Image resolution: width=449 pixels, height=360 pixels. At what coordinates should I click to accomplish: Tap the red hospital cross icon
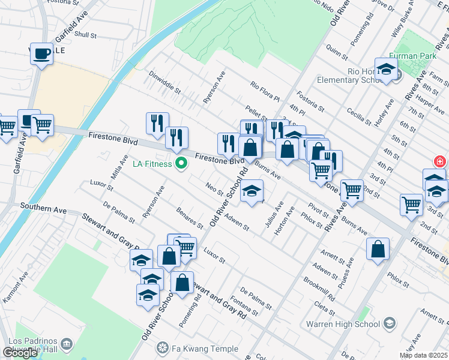click(x=440, y=162)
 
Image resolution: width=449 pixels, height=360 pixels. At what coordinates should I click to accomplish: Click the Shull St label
click(x=85, y=35)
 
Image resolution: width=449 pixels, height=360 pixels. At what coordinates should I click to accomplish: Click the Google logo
click(x=20, y=353)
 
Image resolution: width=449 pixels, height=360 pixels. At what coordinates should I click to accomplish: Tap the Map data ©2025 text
click(x=424, y=355)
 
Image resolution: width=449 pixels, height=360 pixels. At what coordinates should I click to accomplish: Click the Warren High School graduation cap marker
click(x=390, y=325)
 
